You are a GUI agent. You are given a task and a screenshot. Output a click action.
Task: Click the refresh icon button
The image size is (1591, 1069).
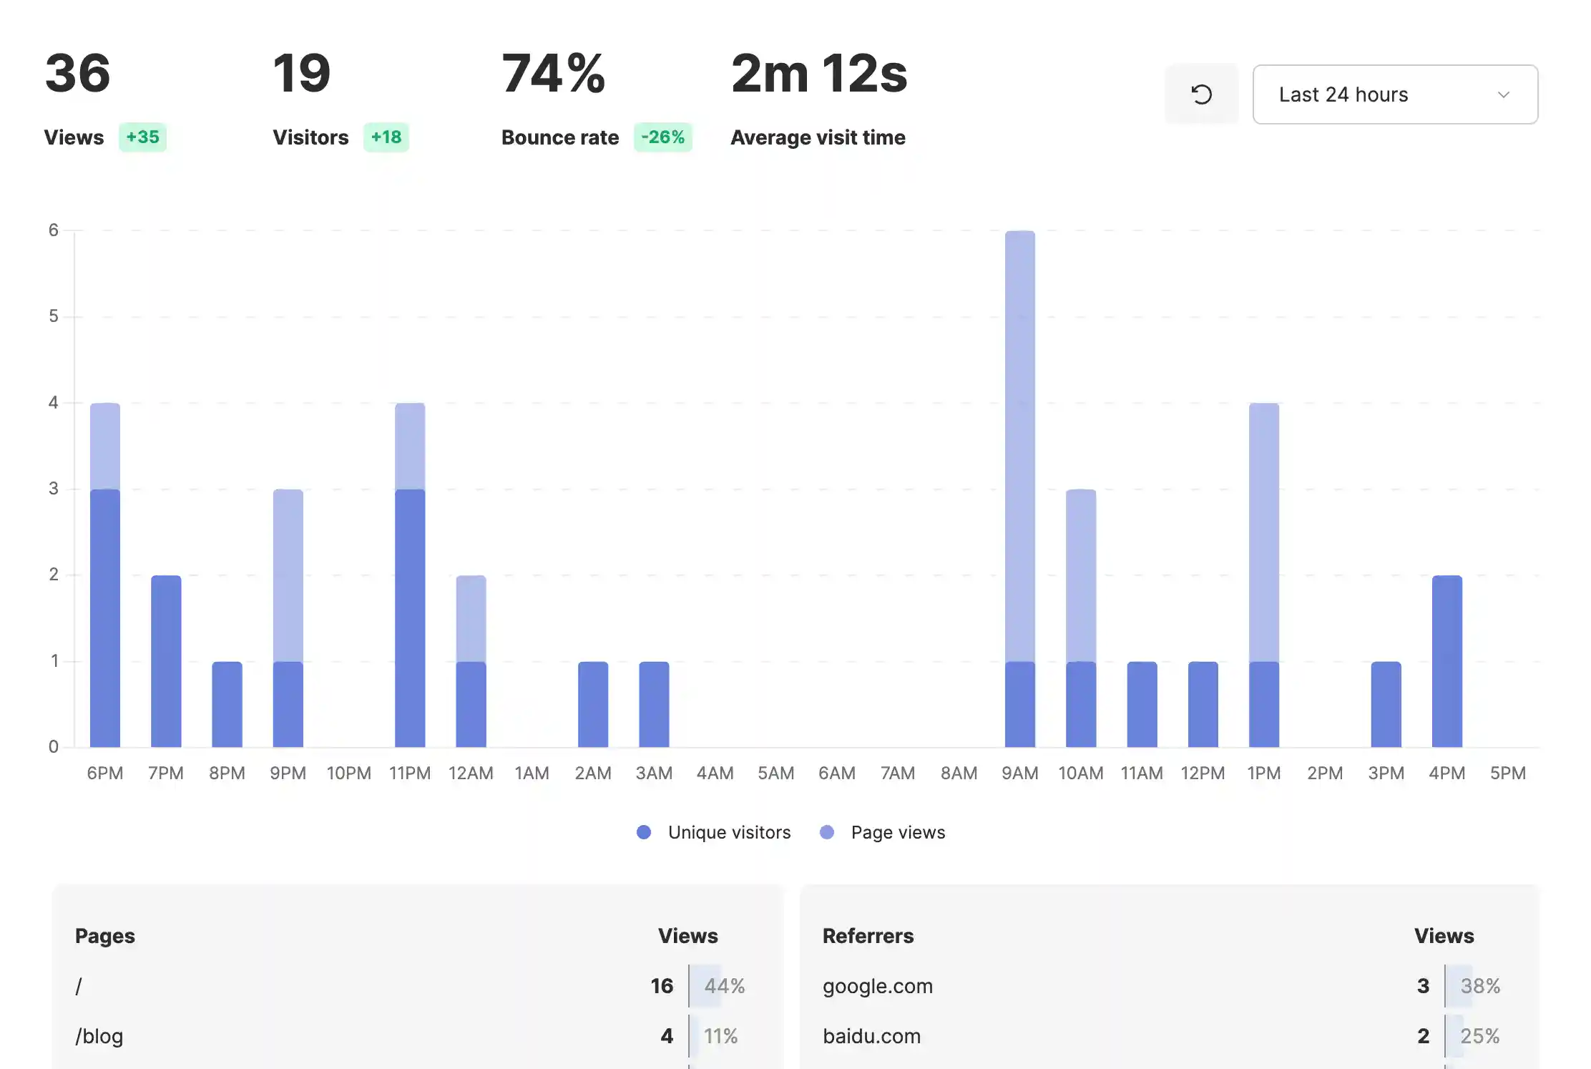coord(1201,94)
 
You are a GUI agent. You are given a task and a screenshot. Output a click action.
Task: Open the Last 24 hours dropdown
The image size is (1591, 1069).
coord(1394,94)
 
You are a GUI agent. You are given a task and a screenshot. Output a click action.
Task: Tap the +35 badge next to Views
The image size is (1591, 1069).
coord(142,137)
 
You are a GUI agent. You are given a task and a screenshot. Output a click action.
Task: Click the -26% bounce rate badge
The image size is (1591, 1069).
coord(662,137)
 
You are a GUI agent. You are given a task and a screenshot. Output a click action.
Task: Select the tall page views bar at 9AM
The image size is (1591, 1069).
coord(1019,444)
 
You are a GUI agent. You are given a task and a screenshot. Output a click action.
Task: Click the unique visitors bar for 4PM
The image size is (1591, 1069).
coord(1446,661)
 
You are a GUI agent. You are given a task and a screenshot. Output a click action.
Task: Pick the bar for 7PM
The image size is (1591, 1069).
coord(166,661)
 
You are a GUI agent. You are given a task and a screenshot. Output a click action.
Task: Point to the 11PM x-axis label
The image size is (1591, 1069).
coord(410,773)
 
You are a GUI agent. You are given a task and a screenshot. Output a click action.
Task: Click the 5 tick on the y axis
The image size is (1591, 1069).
coord(54,316)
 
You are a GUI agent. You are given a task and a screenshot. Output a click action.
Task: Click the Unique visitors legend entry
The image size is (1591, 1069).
coord(728,832)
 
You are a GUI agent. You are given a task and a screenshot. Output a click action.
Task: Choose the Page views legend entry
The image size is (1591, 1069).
coord(897,832)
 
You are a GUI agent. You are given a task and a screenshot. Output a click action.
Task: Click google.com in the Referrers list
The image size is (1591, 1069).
coord(877,986)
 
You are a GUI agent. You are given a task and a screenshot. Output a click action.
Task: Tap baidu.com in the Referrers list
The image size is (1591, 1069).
coord(871,1036)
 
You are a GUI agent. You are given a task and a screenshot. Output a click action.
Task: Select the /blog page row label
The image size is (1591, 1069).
coord(99,1036)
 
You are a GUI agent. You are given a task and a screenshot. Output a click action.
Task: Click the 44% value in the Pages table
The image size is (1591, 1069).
coord(724,986)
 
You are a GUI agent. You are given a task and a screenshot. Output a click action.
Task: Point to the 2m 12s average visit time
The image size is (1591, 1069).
coord(818,74)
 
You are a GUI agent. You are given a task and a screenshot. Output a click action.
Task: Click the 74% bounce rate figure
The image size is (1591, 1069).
coord(553,74)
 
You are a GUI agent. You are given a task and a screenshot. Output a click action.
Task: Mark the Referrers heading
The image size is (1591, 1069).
coord(868,936)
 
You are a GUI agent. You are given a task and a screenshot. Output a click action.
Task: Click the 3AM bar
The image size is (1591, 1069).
coord(654,704)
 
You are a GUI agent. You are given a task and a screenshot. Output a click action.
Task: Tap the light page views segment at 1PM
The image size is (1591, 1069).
coord(1263,532)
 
